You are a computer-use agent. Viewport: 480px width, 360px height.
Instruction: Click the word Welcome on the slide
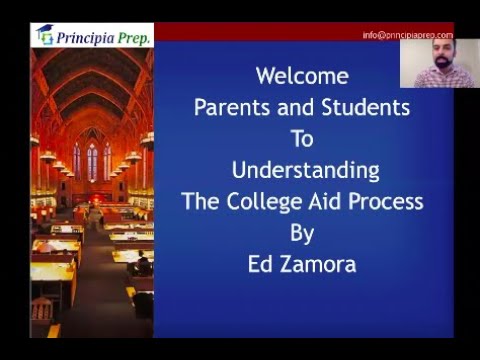coord(302,76)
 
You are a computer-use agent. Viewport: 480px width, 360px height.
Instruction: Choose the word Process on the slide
coord(382,202)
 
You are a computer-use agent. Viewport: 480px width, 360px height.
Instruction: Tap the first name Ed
coord(261,265)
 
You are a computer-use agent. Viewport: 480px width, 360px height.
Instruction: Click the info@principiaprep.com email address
coord(407,35)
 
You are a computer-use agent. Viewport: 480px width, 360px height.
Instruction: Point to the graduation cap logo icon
coord(44,35)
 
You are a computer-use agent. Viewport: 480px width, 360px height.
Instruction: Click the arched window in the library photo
coord(92,160)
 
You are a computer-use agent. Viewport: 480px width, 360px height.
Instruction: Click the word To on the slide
coord(302,139)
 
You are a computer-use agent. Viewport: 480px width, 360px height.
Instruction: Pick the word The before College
coord(202,201)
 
